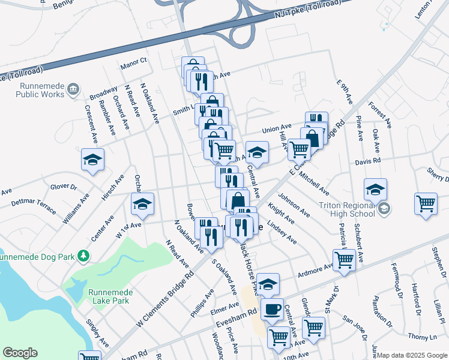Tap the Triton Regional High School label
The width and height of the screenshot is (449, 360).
pyautogui.click(x=346, y=209)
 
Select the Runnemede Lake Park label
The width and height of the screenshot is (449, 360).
pyautogui.click(x=109, y=296)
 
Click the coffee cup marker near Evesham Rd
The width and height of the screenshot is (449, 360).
pyautogui.click(x=272, y=309)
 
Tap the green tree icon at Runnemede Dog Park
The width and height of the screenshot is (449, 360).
pyautogui.click(x=84, y=256)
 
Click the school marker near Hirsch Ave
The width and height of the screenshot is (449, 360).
pyautogui.click(x=92, y=160)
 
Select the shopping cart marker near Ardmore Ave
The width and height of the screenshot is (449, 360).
pyautogui.click(x=343, y=260)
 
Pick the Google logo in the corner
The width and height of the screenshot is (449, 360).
pyautogui.click(x=20, y=353)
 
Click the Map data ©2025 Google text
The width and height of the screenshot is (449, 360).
pyautogui.click(x=412, y=355)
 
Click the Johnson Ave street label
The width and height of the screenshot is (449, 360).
pyautogui.click(x=294, y=204)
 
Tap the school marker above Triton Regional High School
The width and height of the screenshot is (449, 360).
pyautogui.click(x=375, y=189)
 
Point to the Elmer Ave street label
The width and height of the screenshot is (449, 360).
pyautogui.click(x=226, y=311)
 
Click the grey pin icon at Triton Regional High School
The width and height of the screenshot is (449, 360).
pyautogui.click(x=384, y=209)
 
